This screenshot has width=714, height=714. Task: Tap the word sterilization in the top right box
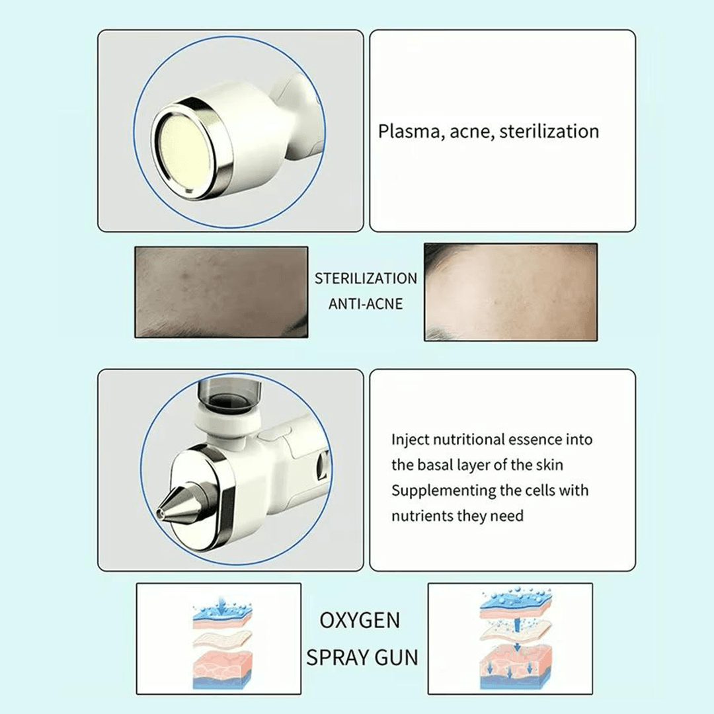click(x=549, y=131)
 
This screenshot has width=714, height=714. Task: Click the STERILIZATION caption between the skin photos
click(x=366, y=278)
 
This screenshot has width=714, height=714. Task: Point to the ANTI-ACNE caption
click(x=366, y=303)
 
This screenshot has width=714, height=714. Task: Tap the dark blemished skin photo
click(x=221, y=292)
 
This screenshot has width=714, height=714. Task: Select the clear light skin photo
click(x=510, y=292)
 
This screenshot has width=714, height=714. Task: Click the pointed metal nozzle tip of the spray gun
click(x=159, y=514)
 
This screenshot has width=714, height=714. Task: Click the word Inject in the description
click(x=411, y=440)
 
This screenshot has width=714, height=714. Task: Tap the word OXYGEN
click(x=360, y=620)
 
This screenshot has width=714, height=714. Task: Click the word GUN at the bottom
click(x=396, y=658)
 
